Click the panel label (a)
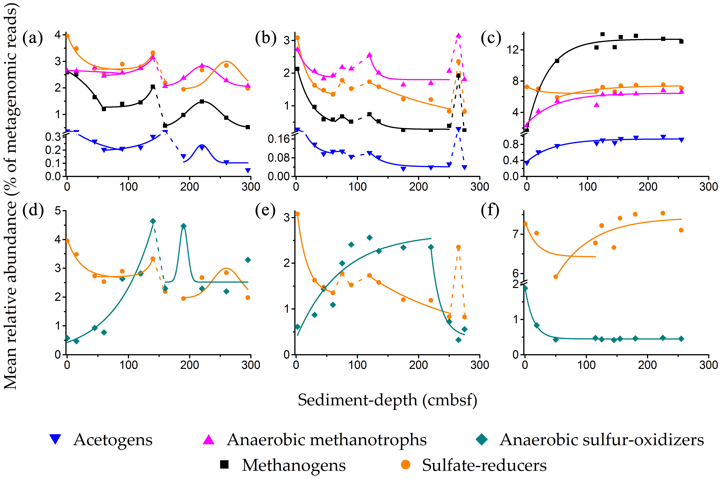(33, 38)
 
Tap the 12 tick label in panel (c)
(513, 50)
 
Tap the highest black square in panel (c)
(603, 34)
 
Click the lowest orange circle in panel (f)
(556, 277)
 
